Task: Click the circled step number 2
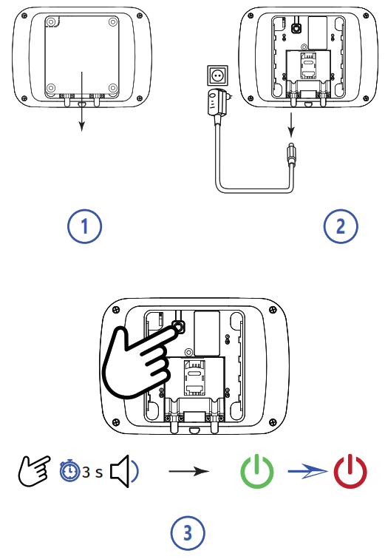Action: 341,226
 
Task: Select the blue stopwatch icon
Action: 69,470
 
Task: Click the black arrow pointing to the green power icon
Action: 188,471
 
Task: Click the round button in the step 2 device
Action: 296,27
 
